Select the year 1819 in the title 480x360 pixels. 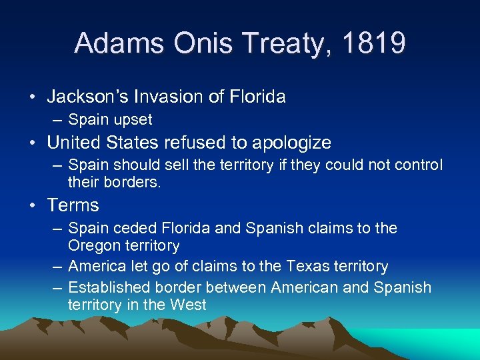coord(373,43)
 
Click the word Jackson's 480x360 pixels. coord(89,97)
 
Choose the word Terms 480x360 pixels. coord(73,205)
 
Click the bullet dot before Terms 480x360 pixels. coord(33,205)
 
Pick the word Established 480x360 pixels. coord(109,288)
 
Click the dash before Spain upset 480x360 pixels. coord(59,120)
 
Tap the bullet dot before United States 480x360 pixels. coord(33,143)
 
